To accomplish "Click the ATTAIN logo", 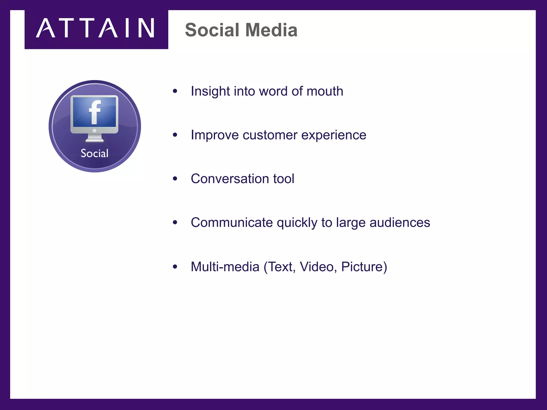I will (96, 28).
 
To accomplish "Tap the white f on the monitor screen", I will (95, 112).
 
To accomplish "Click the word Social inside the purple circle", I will (95, 153).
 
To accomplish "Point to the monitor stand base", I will (95, 139).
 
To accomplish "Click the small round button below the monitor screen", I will (95, 131).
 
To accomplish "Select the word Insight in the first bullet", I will (210, 91).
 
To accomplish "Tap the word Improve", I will (214, 135).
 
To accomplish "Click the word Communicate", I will (232, 223).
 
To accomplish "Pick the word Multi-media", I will (225, 267).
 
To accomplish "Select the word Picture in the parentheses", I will (362, 267).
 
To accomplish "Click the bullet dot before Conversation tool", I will (175, 179).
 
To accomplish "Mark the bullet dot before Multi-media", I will (175, 267).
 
